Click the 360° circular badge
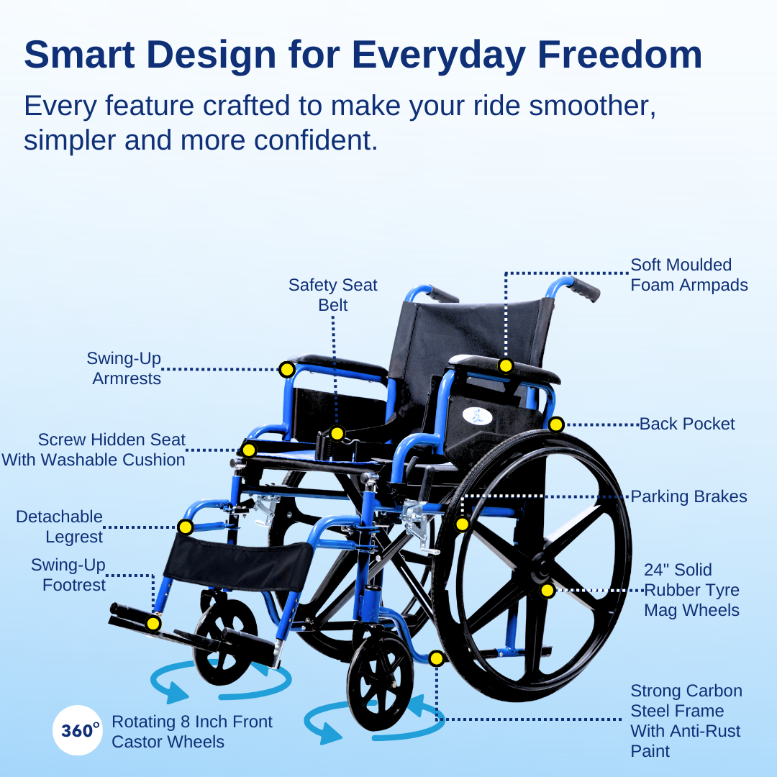(78, 730)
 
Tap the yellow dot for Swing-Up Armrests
(286, 370)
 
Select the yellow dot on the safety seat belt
(337, 433)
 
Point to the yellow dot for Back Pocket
(555, 424)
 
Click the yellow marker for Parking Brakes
(463, 524)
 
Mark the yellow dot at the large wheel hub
(547, 591)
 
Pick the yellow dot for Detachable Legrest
(185, 527)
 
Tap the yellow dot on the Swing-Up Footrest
(153, 623)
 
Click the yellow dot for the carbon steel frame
(436, 658)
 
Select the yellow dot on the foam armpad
(506, 365)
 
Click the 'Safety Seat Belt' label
(332, 295)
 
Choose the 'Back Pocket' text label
(687, 424)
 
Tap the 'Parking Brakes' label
(689, 496)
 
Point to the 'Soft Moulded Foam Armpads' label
(689, 275)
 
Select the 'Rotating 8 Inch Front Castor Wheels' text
(192, 731)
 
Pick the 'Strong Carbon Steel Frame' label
(686, 721)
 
